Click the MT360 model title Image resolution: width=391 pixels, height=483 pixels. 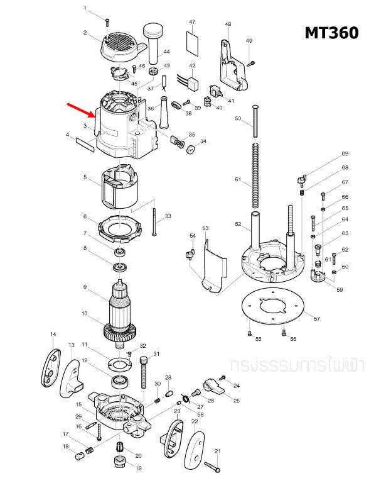click(x=331, y=32)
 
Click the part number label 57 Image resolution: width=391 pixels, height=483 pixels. click(x=316, y=319)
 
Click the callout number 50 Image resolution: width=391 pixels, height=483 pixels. click(x=238, y=118)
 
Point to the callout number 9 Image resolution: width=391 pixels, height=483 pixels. click(x=84, y=287)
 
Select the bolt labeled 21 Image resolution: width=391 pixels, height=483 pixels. click(x=212, y=466)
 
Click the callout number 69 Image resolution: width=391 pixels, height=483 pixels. click(x=345, y=154)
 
